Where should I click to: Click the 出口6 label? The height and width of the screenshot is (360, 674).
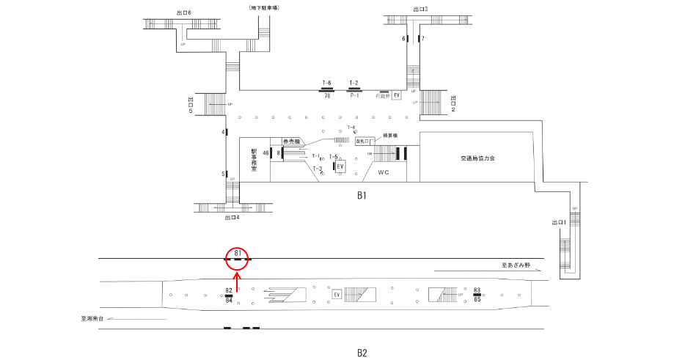coord(184,12)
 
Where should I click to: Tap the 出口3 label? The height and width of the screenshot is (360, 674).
coord(420,9)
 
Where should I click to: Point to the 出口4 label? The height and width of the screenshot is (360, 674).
coord(232,217)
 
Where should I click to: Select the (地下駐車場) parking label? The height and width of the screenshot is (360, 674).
coord(265,7)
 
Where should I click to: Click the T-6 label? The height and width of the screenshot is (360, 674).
coord(327,83)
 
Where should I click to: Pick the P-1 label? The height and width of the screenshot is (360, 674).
coord(354,96)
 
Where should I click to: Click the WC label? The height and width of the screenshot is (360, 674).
coord(383,173)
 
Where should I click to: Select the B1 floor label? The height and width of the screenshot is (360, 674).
coord(361,195)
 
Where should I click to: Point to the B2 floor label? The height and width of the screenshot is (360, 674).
coord(361,353)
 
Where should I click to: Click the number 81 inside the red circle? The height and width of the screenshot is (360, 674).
coord(238,253)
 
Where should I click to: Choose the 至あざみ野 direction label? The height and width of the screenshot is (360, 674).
coord(516,265)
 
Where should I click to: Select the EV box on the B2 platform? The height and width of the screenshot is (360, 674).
coord(337,295)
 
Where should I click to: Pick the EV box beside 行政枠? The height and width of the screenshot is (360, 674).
coord(397,95)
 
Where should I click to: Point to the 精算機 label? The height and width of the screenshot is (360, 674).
coord(389,136)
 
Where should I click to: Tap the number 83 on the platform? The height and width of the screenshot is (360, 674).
coord(477,290)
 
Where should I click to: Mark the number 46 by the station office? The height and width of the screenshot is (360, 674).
coord(266,153)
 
